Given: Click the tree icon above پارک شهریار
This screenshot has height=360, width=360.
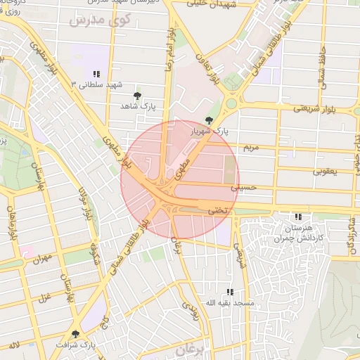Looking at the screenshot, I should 207,120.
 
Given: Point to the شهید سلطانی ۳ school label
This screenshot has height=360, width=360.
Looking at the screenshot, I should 97,84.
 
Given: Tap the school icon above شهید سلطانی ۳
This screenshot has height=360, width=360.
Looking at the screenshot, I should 97,74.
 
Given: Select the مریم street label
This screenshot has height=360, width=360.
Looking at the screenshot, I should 250,148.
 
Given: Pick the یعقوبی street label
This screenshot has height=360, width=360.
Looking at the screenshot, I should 325,171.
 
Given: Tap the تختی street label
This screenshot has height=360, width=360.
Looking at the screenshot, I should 218,210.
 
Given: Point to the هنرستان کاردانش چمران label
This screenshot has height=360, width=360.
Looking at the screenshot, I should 298,233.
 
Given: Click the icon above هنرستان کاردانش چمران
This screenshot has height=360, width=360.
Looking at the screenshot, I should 298,217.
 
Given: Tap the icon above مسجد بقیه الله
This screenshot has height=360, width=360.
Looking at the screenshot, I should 229,292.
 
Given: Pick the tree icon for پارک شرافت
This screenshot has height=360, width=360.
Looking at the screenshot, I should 76,334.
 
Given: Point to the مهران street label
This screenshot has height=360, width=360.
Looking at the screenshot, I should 42,259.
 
